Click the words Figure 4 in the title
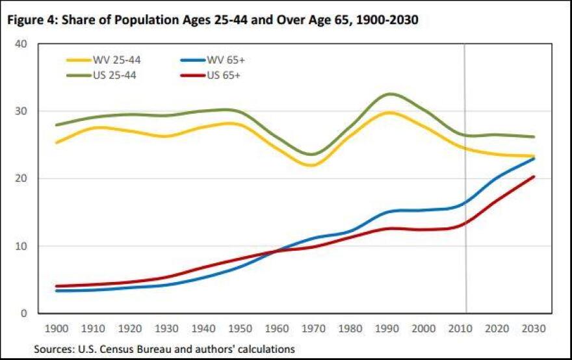[32, 20]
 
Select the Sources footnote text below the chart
[164, 348]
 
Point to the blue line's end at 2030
[534, 159]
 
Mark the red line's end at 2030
[534, 177]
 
